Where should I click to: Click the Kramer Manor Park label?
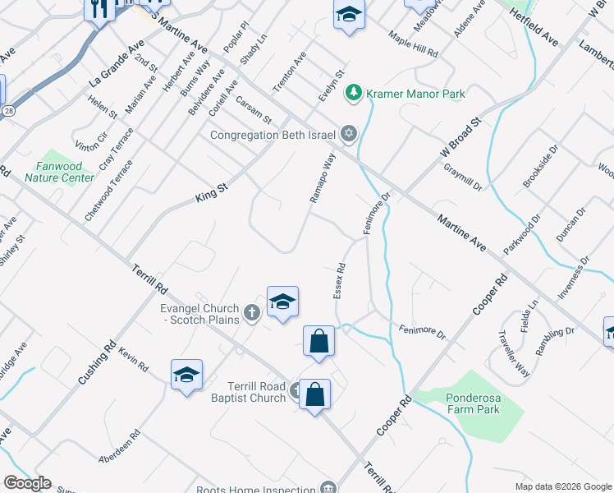[x=416, y=94]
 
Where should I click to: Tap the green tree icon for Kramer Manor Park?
[x=354, y=93]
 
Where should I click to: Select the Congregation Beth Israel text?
[x=273, y=135]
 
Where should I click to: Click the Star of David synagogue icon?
[x=348, y=133]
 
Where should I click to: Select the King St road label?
[x=211, y=195]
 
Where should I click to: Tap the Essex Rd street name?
[x=340, y=280]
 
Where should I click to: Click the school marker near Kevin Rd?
[x=186, y=375]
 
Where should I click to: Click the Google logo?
[x=27, y=483]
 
